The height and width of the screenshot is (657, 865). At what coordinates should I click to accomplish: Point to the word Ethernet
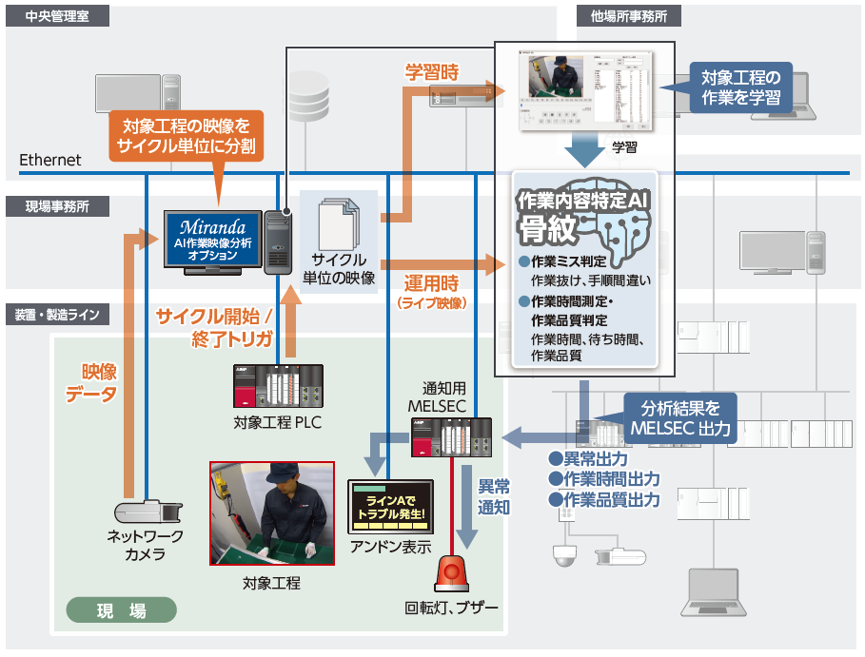(50, 160)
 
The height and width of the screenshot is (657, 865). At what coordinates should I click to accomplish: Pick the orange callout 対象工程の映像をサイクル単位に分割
(187, 134)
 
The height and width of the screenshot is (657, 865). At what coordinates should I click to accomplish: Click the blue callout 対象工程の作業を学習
(740, 87)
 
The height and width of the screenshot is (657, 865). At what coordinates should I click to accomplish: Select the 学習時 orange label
(432, 72)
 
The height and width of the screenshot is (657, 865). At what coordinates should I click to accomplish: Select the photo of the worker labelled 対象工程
(271, 513)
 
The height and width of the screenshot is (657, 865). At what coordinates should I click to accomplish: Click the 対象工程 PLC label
(277, 422)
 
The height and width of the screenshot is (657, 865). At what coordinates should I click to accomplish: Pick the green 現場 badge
(122, 610)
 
